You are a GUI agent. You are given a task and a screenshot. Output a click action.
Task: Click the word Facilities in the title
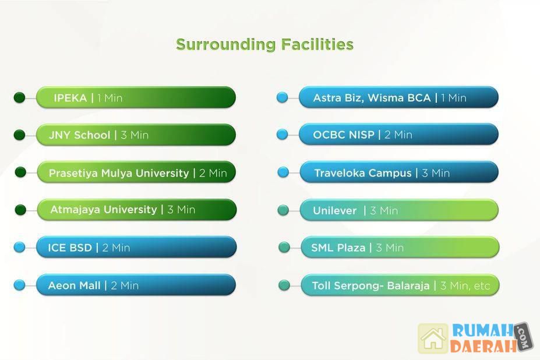pos(317,44)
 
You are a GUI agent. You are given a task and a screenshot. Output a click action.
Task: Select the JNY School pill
pos(136,135)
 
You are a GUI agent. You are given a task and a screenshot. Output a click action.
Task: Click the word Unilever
pos(334,210)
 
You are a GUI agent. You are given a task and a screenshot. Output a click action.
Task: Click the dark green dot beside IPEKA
pos(19,97)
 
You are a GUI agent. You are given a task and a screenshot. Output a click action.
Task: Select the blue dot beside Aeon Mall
pos(19,285)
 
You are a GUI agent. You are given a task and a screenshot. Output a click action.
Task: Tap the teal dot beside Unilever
pos(283,210)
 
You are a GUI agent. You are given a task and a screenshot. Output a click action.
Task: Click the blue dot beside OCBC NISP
pos(282,135)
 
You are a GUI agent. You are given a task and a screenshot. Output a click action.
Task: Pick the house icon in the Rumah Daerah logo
pos(433,338)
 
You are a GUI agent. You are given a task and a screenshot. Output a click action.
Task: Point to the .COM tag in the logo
pos(524,337)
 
